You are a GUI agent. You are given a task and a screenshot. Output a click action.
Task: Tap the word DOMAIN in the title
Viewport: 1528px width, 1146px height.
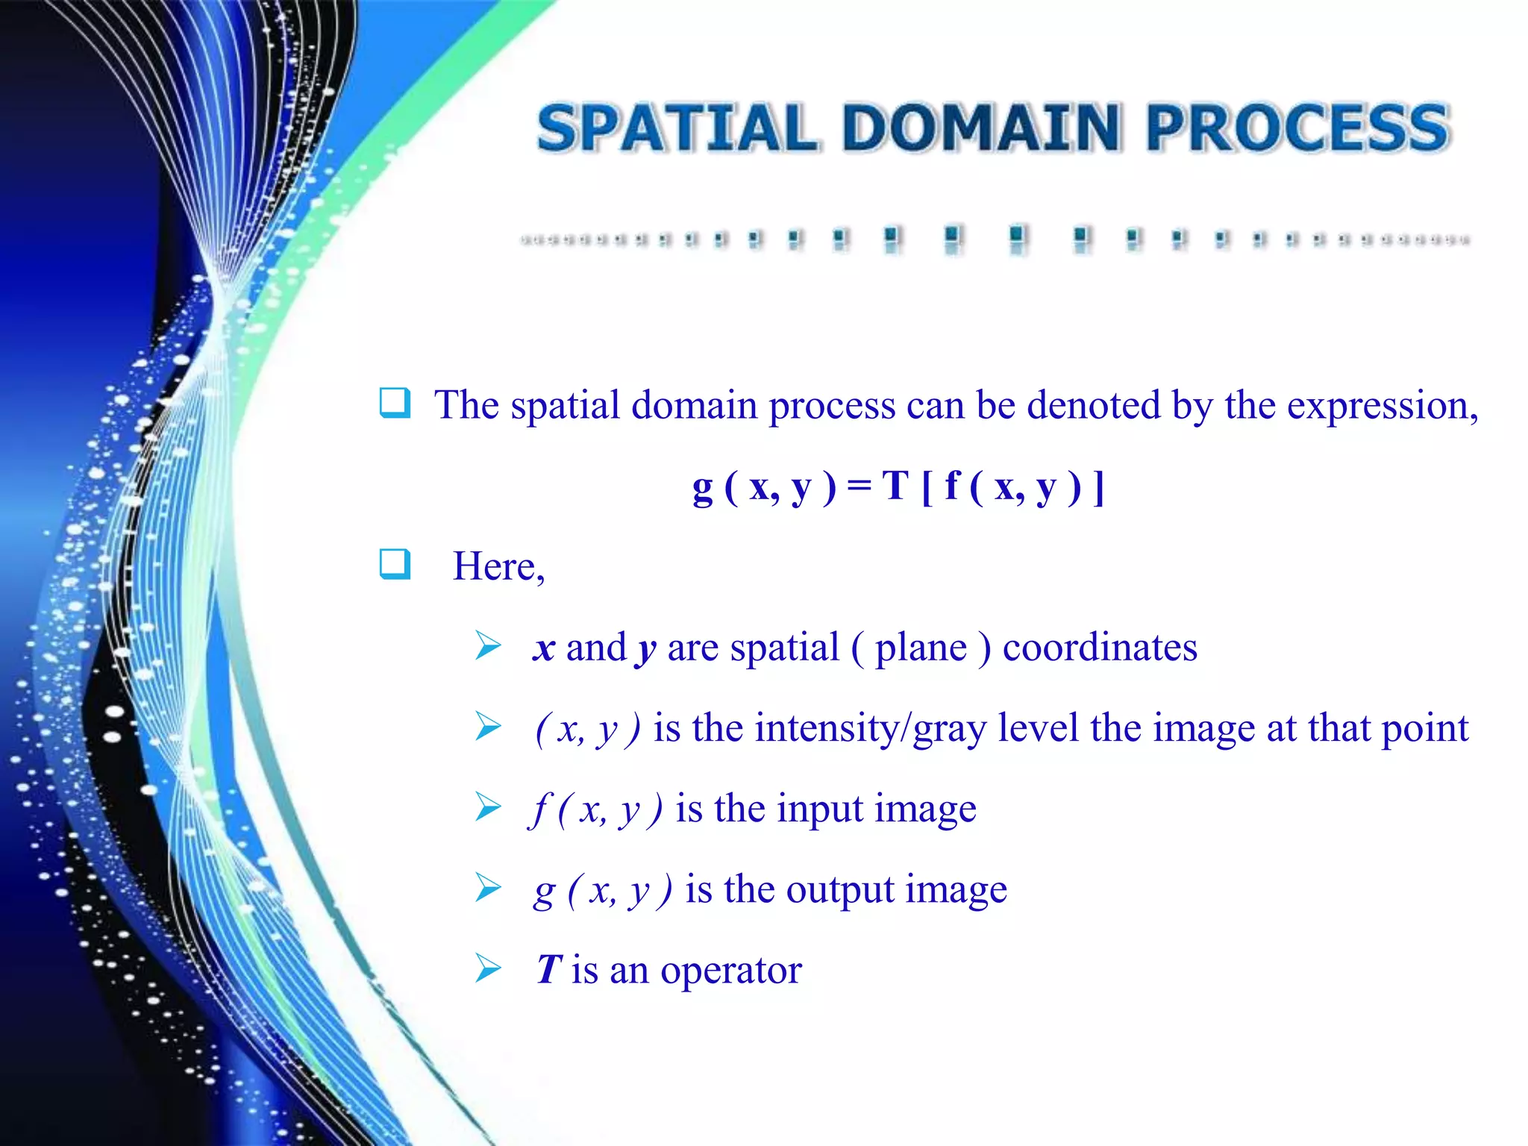(981, 128)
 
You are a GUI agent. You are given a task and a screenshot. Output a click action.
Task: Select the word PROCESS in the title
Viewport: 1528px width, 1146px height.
(1298, 128)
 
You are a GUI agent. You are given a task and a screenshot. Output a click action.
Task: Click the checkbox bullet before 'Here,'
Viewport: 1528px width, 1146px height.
(395, 564)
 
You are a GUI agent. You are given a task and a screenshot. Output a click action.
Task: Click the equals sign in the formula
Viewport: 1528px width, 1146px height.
(859, 486)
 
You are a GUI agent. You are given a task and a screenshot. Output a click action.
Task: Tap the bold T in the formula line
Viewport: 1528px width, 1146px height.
(895, 486)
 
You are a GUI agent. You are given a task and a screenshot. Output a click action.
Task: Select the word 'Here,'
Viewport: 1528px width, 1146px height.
(498, 567)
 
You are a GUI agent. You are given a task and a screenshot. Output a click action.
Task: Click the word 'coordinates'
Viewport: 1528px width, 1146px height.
(1099, 648)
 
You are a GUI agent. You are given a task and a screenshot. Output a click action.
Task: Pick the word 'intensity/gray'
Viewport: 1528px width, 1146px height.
(871, 728)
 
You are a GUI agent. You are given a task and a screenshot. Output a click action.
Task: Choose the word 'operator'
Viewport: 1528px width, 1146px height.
(730, 970)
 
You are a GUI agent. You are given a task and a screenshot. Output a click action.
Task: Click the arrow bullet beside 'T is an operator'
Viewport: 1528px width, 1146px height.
(489, 968)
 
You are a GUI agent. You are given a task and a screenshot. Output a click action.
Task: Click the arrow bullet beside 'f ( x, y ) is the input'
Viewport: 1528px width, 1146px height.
(489, 807)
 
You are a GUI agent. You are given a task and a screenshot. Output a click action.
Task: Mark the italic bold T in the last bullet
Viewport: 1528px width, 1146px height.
(548, 970)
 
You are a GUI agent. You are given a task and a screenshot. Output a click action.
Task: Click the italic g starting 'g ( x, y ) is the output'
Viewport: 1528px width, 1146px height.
(545, 891)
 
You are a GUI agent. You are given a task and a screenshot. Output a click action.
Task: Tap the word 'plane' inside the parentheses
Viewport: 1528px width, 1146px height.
(921, 648)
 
